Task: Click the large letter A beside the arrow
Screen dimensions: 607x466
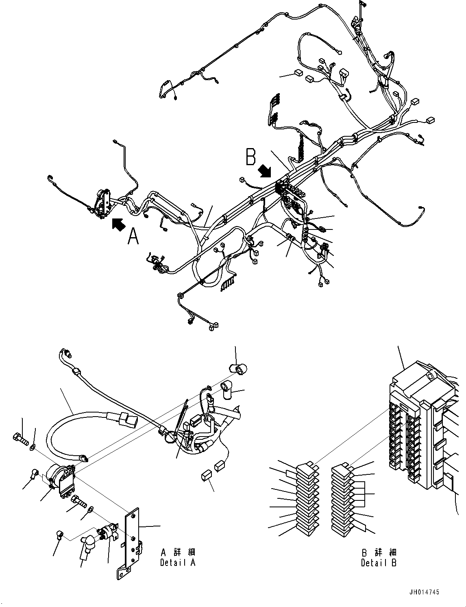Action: click(x=133, y=236)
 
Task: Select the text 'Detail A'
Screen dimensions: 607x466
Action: click(x=178, y=563)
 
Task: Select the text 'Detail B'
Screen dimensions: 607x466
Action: click(x=379, y=563)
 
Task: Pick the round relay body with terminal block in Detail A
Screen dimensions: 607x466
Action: click(x=61, y=480)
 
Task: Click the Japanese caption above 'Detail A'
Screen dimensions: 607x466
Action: click(x=178, y=552)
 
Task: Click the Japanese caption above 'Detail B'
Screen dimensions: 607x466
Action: click(x=379, y=552)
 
